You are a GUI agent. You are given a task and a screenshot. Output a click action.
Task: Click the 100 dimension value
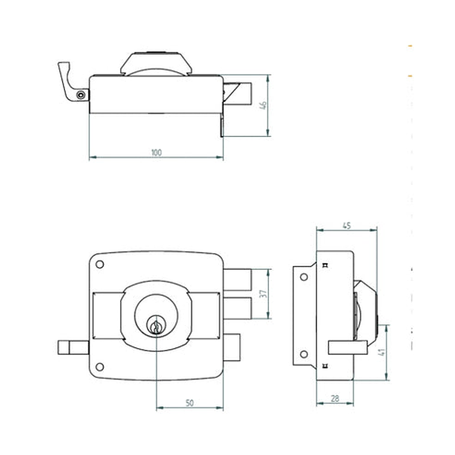coord(157,152)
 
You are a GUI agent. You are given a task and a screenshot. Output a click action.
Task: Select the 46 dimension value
coord(263,105)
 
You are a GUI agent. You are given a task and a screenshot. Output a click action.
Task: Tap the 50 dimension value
coord(189,403)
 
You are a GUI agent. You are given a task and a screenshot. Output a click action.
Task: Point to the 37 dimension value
coord(263,293)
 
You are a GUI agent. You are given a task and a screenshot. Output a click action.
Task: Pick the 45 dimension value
coord(347,225)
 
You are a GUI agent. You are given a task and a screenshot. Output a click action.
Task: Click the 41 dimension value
coord(383,352)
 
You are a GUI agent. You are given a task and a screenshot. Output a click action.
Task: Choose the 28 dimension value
coord(335,399)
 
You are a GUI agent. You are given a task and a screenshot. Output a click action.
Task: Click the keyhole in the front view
coord(156,326)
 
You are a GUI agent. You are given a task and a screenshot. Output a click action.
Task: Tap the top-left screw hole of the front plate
coord(99,265)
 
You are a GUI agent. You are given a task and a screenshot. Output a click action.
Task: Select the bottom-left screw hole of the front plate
coord(99,367)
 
